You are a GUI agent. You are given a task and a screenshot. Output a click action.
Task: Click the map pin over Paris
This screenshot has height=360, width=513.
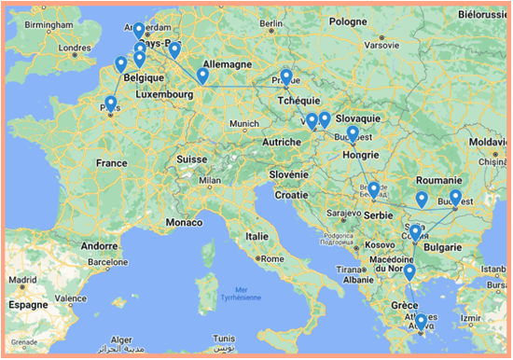111,104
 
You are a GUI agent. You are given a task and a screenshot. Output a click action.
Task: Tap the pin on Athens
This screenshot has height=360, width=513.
421,323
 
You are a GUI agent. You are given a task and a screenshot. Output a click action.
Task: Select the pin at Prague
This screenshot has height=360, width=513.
286,77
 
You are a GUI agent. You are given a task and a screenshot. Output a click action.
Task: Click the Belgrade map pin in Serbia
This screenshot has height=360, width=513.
373,190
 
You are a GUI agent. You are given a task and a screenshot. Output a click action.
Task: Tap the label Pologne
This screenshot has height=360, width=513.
348,21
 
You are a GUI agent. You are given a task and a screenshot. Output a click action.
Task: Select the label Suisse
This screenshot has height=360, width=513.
191,159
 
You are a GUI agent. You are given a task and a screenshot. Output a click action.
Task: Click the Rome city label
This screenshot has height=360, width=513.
272,258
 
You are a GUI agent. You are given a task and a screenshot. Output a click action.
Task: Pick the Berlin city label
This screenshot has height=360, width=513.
270,23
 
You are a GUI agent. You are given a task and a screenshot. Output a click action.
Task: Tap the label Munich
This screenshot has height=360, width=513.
244,123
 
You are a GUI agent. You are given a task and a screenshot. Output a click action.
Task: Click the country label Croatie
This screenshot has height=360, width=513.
290,195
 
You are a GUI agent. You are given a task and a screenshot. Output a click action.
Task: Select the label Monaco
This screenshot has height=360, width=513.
183,224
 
